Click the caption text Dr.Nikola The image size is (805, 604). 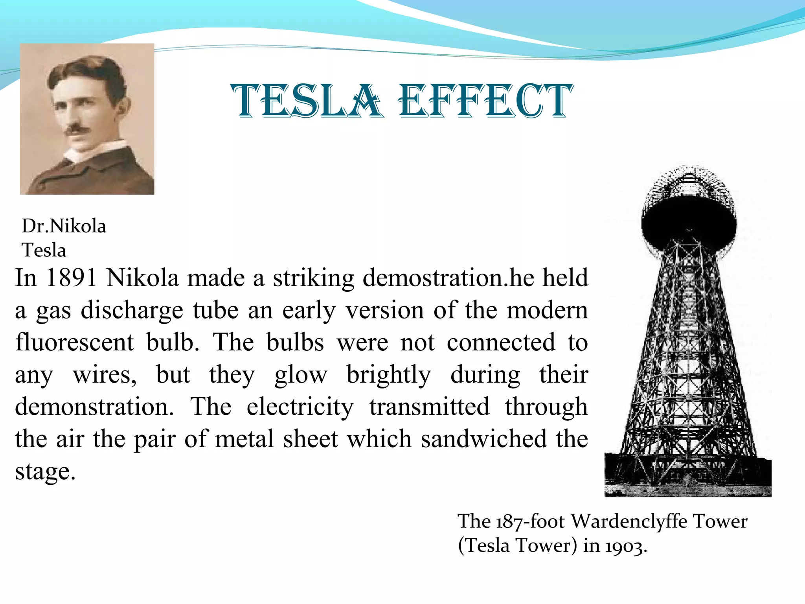[64, 226]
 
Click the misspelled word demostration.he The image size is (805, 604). [448, 278]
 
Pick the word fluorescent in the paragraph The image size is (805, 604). [75, 342]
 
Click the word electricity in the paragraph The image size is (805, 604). [300, 407]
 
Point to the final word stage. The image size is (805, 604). [45, 472]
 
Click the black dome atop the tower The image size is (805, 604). [689, 224]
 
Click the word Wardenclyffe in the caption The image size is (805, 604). [629, 521]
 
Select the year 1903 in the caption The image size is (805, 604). [625, 546]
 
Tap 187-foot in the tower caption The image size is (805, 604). [530, 521]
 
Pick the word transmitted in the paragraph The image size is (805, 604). [429, 407]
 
